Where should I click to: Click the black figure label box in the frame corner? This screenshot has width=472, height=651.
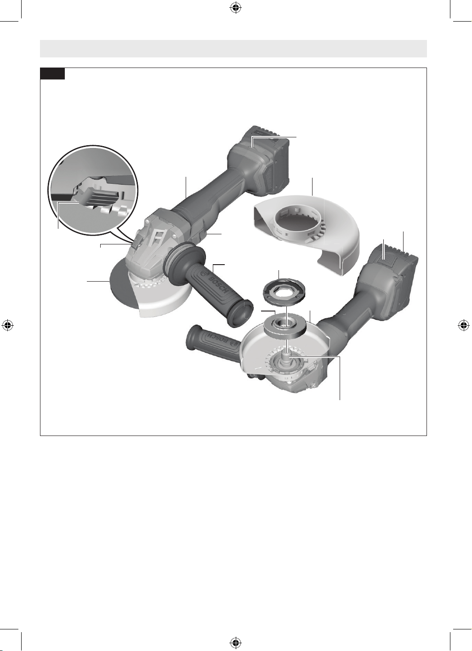[52, 74]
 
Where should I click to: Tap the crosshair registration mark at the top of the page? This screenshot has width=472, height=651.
[236, 8]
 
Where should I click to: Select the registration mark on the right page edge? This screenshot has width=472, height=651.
[463, 325]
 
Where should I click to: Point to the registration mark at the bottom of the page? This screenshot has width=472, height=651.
[236, 642]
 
